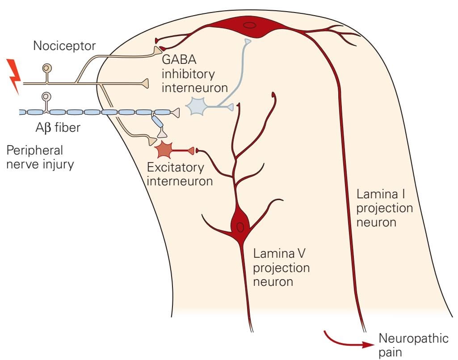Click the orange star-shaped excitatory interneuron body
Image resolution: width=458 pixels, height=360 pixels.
point(164,151)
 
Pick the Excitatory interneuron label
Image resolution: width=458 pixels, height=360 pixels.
point(175,175)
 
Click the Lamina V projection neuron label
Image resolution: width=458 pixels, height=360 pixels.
point(281,268)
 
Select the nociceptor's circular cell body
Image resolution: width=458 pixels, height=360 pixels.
point(46,68)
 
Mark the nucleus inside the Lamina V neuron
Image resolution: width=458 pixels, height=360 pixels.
point(240,227)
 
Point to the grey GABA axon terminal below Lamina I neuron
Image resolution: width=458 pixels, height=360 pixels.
point(247,42)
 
